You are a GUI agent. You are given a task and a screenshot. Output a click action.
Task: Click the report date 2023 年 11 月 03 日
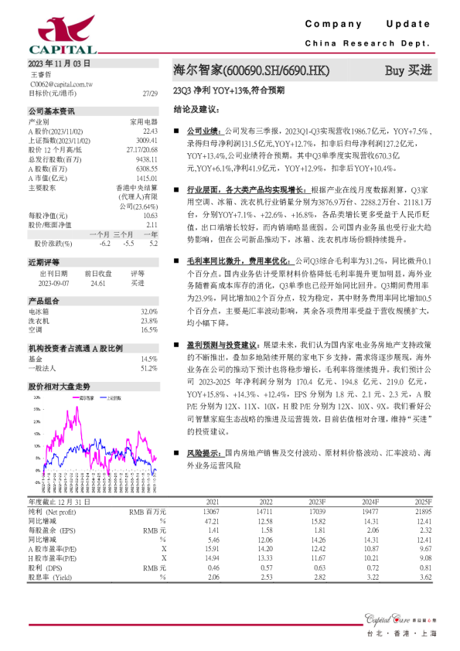(60, 63)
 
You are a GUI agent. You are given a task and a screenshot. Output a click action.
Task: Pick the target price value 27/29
(150, 92)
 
